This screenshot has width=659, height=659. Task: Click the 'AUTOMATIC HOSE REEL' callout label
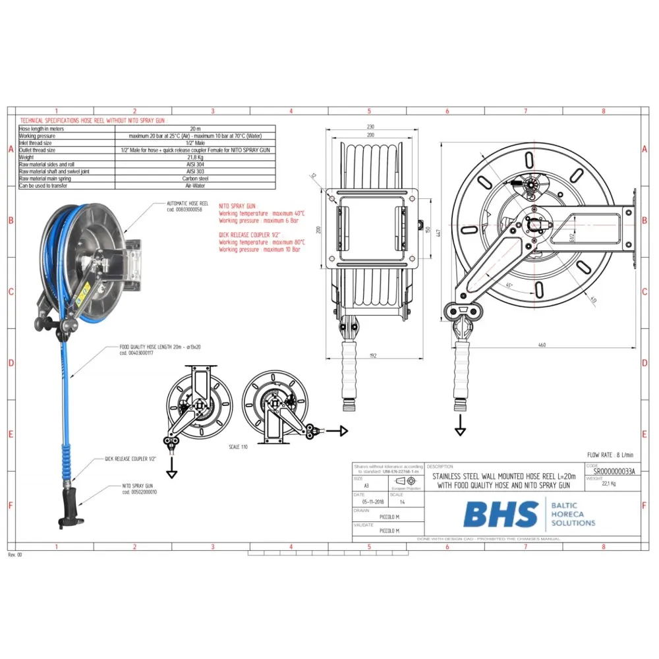[x=188, y=204]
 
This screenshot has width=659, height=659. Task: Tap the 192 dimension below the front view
[x=372, y=356]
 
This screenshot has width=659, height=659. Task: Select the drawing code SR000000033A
[x=615, y=473]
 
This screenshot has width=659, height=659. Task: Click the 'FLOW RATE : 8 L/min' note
[x=610, y=455]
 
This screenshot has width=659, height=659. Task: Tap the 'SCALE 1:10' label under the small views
[x=238, y=447]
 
